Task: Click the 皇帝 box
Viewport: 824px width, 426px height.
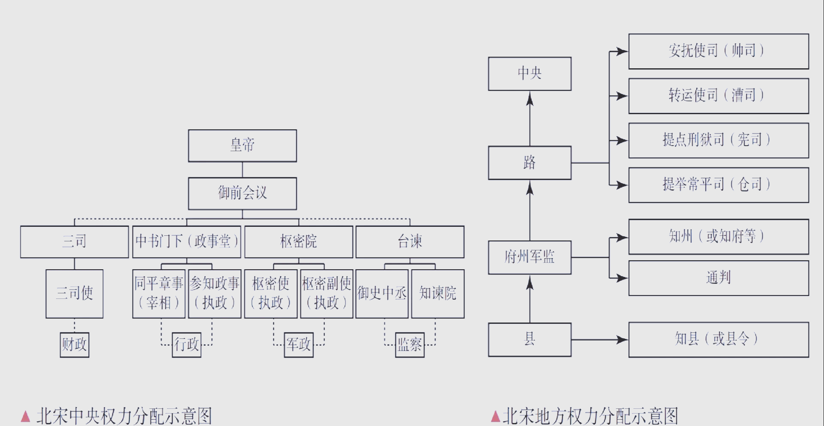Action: [242, 146]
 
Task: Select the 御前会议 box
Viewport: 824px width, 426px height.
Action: [242, 193]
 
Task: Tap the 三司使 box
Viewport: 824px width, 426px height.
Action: [74, 294]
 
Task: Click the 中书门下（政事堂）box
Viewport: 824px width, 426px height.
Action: [186, 242]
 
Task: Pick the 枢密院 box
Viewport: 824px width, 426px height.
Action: [298, 242]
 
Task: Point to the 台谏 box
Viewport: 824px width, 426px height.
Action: [410, 242]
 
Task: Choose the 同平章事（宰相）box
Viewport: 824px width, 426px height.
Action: [159, 294]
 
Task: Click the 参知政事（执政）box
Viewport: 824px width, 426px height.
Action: [215, 294]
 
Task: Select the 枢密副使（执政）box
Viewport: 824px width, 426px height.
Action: [327, 294]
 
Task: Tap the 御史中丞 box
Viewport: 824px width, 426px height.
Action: [382, 294]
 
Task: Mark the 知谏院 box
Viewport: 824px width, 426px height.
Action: [438, 294]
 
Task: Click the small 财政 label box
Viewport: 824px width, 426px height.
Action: [74, 344]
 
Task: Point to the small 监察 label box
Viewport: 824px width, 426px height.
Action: [410, 344]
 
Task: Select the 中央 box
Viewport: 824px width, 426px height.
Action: [530, 74]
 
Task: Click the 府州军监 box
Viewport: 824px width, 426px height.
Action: [530, 258]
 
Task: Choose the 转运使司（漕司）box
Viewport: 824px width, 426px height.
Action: [718, 96]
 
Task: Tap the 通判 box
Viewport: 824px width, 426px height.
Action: [718, 278]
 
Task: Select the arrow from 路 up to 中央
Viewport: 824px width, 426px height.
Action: [530, 118]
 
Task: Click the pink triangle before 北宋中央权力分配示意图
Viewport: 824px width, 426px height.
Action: [26, 416]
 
